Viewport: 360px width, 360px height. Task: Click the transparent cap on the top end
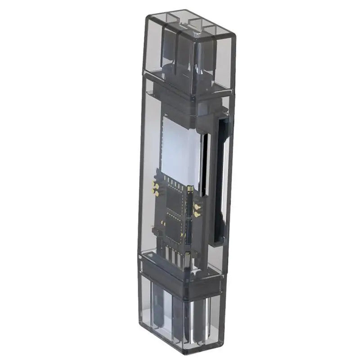(x=189, y=49)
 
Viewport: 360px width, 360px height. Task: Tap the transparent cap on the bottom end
(x=180, y=315)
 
